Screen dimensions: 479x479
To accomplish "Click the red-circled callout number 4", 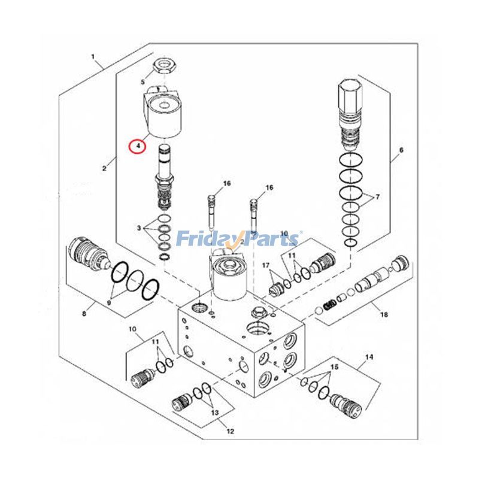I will pos(138,145).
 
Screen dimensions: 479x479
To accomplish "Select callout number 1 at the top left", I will pos(93,57).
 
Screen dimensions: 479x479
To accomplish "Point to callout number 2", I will pos(104,168).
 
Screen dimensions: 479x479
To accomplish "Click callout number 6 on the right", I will pos(401,150).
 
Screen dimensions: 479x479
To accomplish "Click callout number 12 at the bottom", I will pos(230,431).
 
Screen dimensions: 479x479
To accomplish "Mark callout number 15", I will pos(335,366).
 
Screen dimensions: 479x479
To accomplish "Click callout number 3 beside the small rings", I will pos(139,228).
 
